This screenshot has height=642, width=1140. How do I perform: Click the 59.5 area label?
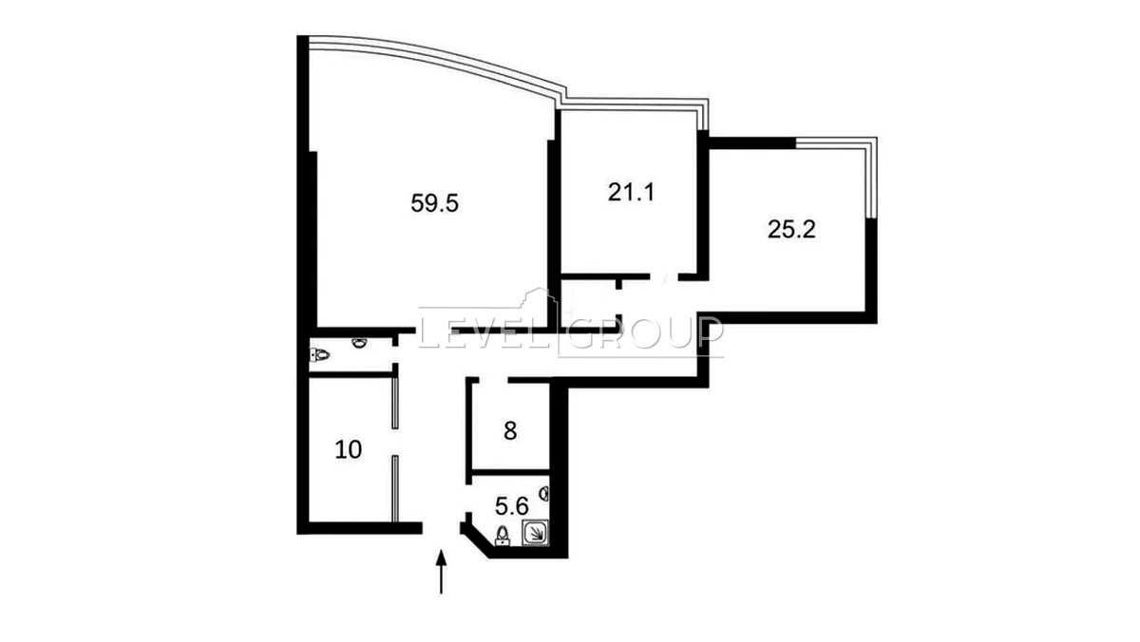click(435, 203)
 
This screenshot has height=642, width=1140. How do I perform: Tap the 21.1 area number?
click(631, 192)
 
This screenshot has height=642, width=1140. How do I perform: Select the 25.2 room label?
click(791, 230)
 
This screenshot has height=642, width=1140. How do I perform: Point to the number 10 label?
click(349, 450)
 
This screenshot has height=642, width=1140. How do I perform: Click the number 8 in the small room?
click(510, 431)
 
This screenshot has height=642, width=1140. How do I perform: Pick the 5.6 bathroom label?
click(512, 506)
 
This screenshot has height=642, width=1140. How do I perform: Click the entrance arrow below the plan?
click(441, 572)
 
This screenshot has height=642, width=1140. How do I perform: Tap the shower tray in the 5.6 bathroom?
click(536, 533)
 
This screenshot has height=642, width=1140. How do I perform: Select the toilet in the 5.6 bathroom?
click(503, 536)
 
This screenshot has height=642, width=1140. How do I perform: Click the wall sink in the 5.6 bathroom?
click(544, 493)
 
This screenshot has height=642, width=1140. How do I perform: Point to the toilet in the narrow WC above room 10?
click(318, 354)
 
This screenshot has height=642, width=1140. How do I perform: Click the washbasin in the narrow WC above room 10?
click(360, 343)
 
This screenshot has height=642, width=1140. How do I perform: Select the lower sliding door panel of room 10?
click(395, 489)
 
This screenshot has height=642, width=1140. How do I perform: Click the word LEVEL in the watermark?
click(487, 334)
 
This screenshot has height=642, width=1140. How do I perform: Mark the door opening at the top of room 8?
click(493, 380)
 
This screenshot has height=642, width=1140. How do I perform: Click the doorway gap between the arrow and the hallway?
click(441, 528)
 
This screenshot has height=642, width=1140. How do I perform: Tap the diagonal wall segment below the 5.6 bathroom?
click(476, 544)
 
